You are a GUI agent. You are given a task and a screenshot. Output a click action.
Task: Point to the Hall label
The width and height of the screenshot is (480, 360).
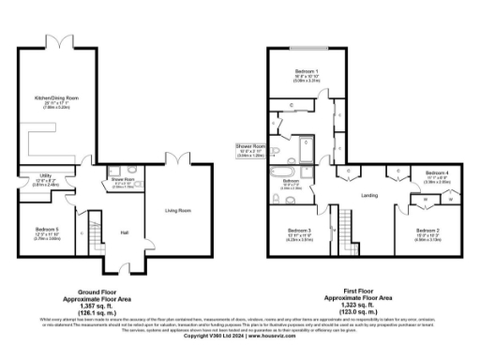(x=123, y=232)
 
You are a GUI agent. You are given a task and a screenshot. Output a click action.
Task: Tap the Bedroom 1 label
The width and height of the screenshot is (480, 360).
(x=304, y=71)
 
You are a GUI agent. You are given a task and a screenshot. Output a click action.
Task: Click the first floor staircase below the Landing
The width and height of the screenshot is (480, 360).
(x=346, y=228)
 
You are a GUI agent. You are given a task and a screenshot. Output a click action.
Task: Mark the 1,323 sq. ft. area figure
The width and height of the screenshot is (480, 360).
(x=355, y=307)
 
